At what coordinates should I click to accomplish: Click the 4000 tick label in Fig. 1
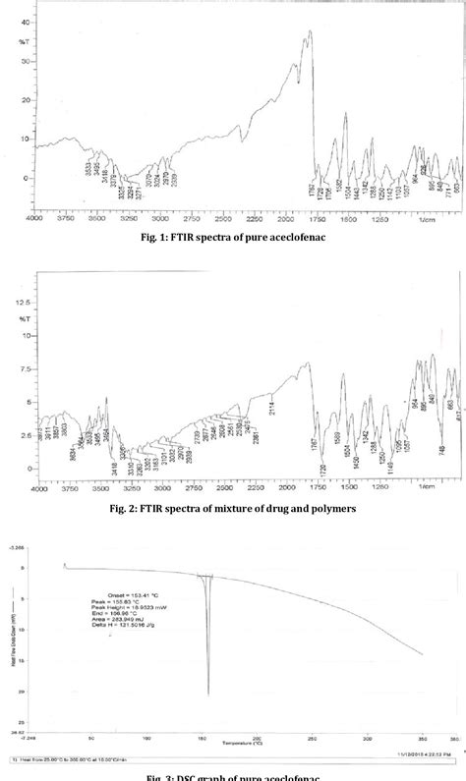click(34, 219)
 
